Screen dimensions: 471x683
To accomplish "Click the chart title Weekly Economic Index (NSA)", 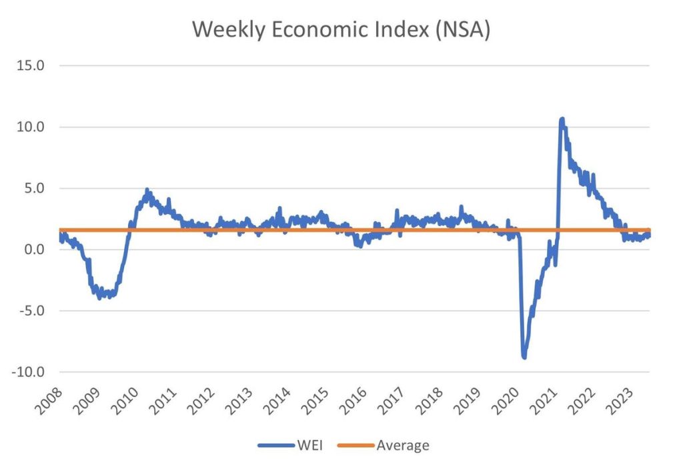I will [341, 29].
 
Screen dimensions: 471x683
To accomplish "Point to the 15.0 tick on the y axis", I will [33, 66].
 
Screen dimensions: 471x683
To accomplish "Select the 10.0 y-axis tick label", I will [33, 127].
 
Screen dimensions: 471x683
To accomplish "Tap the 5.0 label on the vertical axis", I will [36, 189].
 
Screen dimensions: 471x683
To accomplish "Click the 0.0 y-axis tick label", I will [36, 250].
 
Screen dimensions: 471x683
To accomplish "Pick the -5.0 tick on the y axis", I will [33, 311].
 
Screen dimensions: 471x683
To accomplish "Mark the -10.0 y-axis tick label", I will [31, 372].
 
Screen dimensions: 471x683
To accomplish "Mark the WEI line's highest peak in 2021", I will [562, 119].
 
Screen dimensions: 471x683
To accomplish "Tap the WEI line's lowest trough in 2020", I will [524, 358].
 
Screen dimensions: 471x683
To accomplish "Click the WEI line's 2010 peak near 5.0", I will [147, 190].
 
